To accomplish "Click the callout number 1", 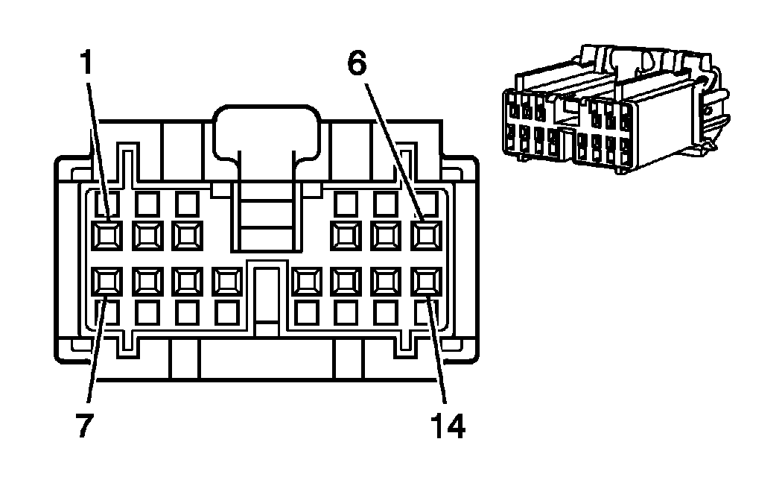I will (88, 65).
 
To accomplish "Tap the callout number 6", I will (358, 65).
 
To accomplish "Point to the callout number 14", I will (446, 426).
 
